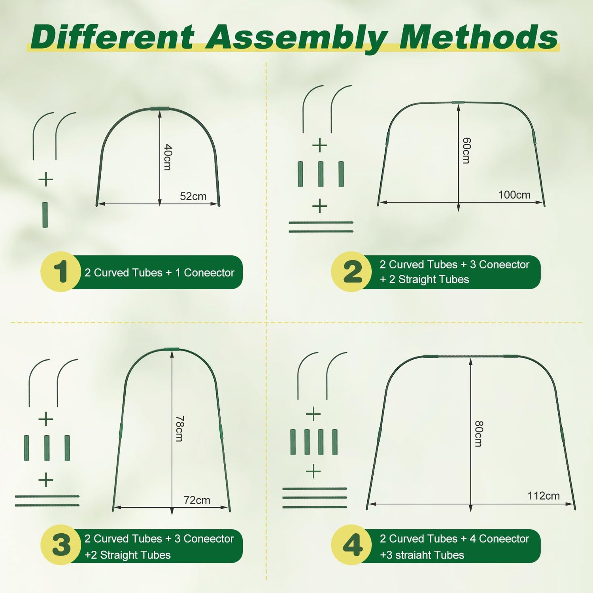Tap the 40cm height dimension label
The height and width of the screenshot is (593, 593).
tap(168, 157)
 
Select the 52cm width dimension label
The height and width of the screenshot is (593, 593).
tap(193, 196)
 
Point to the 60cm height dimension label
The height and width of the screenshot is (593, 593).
tap(466, 151)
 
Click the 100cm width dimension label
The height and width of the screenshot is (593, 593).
tap(514, 195)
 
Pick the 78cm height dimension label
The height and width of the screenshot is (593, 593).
tap(179, 429)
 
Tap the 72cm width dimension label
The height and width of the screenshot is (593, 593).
tap(197, 500)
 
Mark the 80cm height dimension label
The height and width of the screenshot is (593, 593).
tap(478, 434)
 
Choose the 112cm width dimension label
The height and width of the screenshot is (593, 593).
tap(543, 496)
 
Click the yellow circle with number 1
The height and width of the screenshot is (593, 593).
tap(61, 272)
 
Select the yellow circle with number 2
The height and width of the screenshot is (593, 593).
tap(351, 272)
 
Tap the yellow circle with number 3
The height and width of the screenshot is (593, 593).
tap(61, 545)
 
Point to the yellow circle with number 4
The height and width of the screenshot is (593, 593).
tap(351, 545)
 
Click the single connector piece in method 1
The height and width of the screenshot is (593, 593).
tap(45, 215)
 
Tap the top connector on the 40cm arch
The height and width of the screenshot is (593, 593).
tap(160, 109)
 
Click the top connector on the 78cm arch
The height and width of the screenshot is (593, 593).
tap(172, 349)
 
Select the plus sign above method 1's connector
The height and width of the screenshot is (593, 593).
tap(46, 179)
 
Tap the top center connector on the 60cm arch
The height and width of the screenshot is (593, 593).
tap(458, 102)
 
